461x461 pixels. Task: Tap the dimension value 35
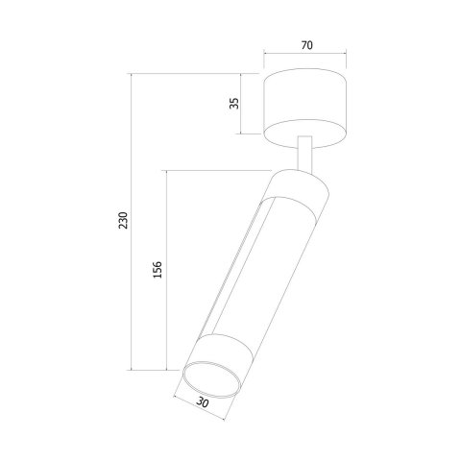233,103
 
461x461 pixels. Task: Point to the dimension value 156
158,272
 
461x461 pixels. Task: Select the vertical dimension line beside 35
243,103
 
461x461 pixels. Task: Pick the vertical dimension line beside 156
167,272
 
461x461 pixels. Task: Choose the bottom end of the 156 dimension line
167,370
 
